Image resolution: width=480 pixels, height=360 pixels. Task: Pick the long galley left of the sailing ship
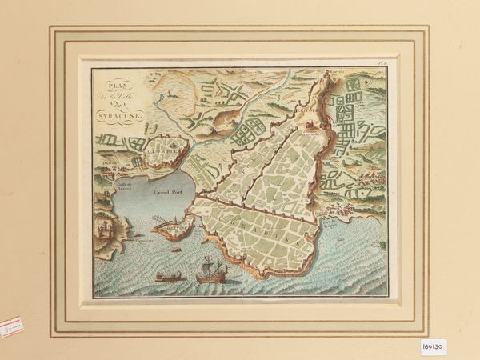click(x=168, y=277)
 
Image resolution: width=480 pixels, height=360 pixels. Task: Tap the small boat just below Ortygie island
click(x=177, y=250)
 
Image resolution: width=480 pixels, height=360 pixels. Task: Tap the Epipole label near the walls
click(x=310, y=107)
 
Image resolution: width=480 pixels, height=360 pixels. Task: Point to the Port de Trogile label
click(x=333, y=214)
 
